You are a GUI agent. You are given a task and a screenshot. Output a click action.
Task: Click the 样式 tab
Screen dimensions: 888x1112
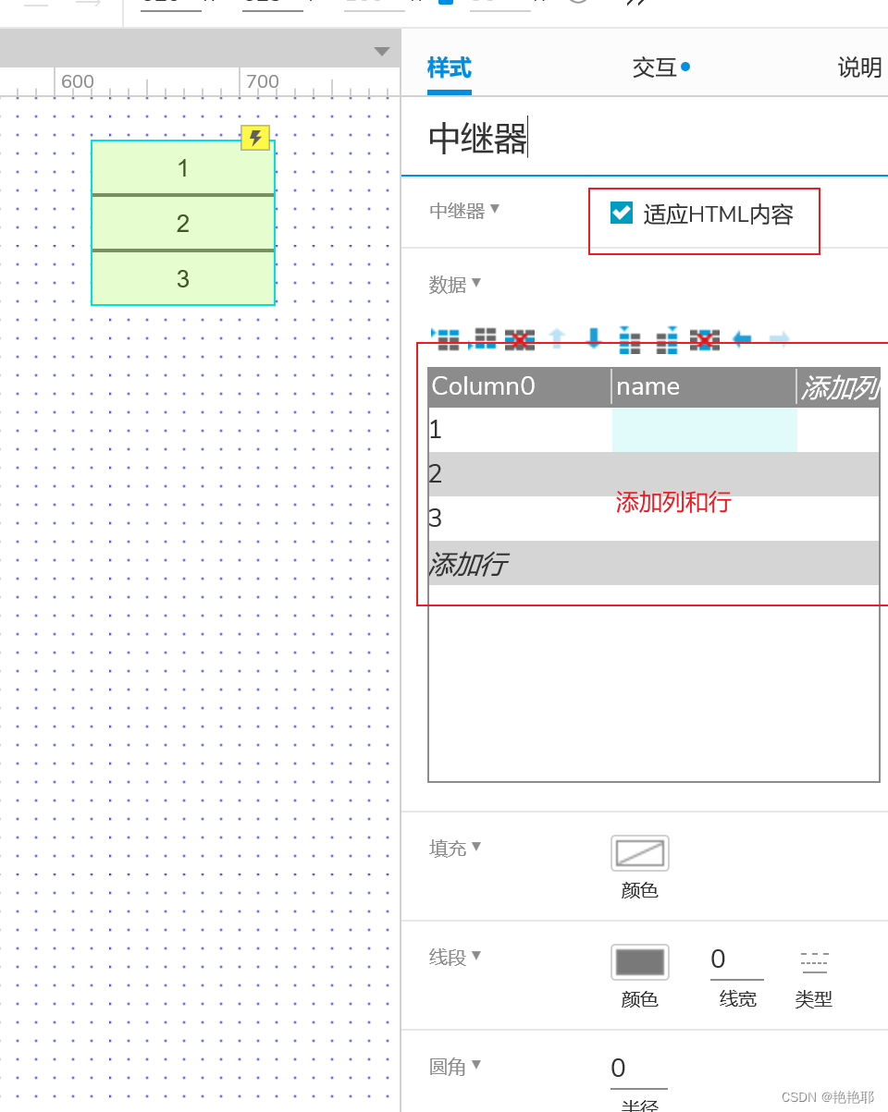point(449,68)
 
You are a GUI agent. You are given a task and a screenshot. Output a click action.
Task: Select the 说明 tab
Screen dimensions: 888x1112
point(859,68)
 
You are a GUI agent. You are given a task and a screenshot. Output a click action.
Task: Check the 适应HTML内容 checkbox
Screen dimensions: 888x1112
point(621,214)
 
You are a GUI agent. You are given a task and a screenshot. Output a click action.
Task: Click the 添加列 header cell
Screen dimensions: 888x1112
point(839,387)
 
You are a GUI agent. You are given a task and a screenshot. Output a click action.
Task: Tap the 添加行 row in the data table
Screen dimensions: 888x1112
point(468,564)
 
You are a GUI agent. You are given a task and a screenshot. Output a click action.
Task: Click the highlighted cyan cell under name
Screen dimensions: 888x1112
point(704,430)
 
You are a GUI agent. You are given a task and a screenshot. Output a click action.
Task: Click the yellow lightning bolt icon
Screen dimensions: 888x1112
point(255,138)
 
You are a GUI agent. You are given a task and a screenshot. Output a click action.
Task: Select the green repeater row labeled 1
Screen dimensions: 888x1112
point(183,168)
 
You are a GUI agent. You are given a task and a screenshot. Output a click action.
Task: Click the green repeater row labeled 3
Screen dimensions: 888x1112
point(183,278)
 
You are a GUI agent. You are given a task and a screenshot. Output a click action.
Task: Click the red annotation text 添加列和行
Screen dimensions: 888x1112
point(673,502)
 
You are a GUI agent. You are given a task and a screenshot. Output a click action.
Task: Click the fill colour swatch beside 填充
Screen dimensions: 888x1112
point(639,853)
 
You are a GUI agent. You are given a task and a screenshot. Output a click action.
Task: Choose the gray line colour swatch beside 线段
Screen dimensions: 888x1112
point(639,962)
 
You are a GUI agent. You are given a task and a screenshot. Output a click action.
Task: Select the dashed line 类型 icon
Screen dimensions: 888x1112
point(814,962)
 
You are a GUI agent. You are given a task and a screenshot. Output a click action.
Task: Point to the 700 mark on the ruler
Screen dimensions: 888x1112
point(262,81)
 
